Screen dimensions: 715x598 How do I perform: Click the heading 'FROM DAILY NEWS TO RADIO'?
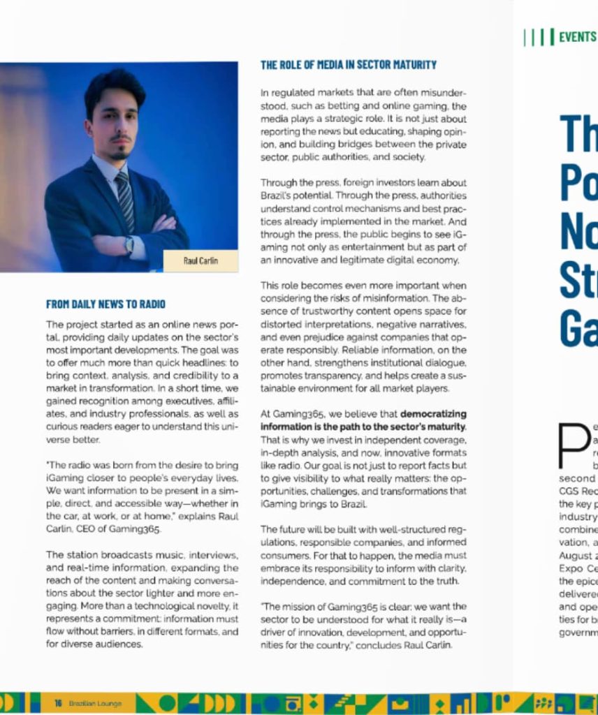coord(105,304)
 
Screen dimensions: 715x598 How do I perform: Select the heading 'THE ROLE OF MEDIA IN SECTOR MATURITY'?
coord(348,65)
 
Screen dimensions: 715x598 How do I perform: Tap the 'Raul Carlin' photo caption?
coord(200,261)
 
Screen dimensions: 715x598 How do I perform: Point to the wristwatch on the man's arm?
coord(129,244)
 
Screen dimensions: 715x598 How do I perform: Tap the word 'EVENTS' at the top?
coord(577,37)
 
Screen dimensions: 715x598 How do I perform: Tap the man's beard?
coord(119,149)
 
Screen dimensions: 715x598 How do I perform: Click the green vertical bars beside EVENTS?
coord(539,37)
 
